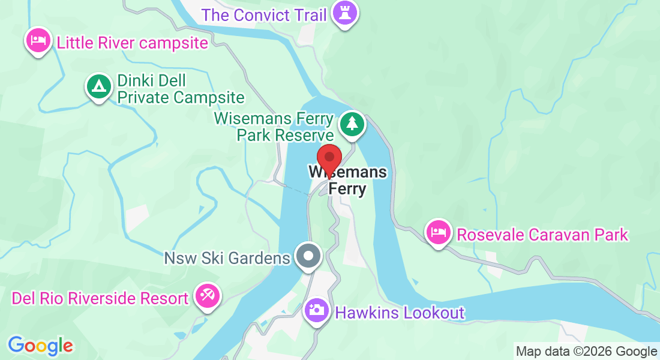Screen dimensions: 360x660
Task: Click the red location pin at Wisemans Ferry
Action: click(x=329, y=158)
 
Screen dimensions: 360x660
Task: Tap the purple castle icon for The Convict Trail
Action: click(x=344, y=13)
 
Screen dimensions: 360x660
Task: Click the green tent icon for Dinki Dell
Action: click(x=98, y=86)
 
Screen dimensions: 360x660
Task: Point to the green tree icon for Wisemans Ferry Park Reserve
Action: click(x=352, y=124)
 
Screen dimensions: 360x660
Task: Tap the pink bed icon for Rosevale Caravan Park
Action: click(x=439, y=232)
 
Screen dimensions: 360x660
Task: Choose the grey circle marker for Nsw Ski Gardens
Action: click(x=309, y=256)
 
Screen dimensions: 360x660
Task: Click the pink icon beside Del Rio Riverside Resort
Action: click(x=208, y=295)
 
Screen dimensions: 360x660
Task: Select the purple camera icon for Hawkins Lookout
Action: click(x=315, y=310)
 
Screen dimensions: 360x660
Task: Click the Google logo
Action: click(x=40, y=346)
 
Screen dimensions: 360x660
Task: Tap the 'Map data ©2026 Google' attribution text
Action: click(x=586, y=352)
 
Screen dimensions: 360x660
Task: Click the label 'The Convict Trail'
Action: click(x=264, y=14)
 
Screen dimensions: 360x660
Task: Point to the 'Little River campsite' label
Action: click(x=132, y=43)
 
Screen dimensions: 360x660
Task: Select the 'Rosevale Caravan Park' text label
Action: click(x=542, y=234)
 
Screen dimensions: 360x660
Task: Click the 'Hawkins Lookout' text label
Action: click(x=400, y=313)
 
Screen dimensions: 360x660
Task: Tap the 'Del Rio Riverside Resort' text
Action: click(x=100, y=298)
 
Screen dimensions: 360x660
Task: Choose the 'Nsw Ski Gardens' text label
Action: click(x=227, y=259)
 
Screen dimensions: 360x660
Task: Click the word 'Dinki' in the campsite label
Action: click(x=135, y=80)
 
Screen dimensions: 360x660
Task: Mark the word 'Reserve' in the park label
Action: click(x=304, y=135)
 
